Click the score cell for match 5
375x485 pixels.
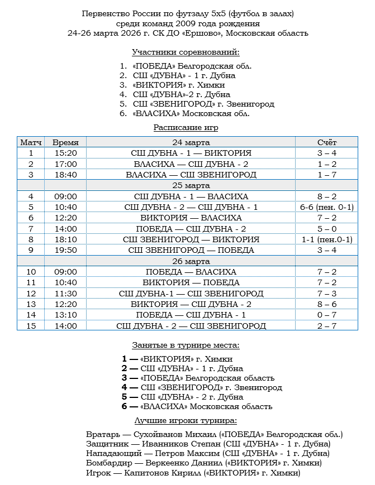click(x=327, y=207)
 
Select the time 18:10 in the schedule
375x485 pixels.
click(x=65, y=239)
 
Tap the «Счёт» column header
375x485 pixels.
click(x=327, y=142)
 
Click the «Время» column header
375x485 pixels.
click(x=65, y=142)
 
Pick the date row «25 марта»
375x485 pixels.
click(x=191, y=185)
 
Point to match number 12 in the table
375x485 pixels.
click(x=31, y=294)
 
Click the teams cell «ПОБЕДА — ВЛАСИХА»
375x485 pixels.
click(x=191, y=272)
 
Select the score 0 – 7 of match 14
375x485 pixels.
click(x=327, y=315)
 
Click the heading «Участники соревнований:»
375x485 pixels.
click(x=186, y=52)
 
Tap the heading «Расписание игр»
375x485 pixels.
click(x=186, y=128)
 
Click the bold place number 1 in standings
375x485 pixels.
click(x=125, y=359)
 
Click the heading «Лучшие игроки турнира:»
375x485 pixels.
click(x=186, y=420)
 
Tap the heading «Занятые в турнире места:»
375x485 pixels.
click(x=186, y=345)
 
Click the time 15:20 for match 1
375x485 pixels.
click(x=65, y=153)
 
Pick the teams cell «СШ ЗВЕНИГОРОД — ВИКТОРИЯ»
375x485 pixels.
click(x=191, y=239)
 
